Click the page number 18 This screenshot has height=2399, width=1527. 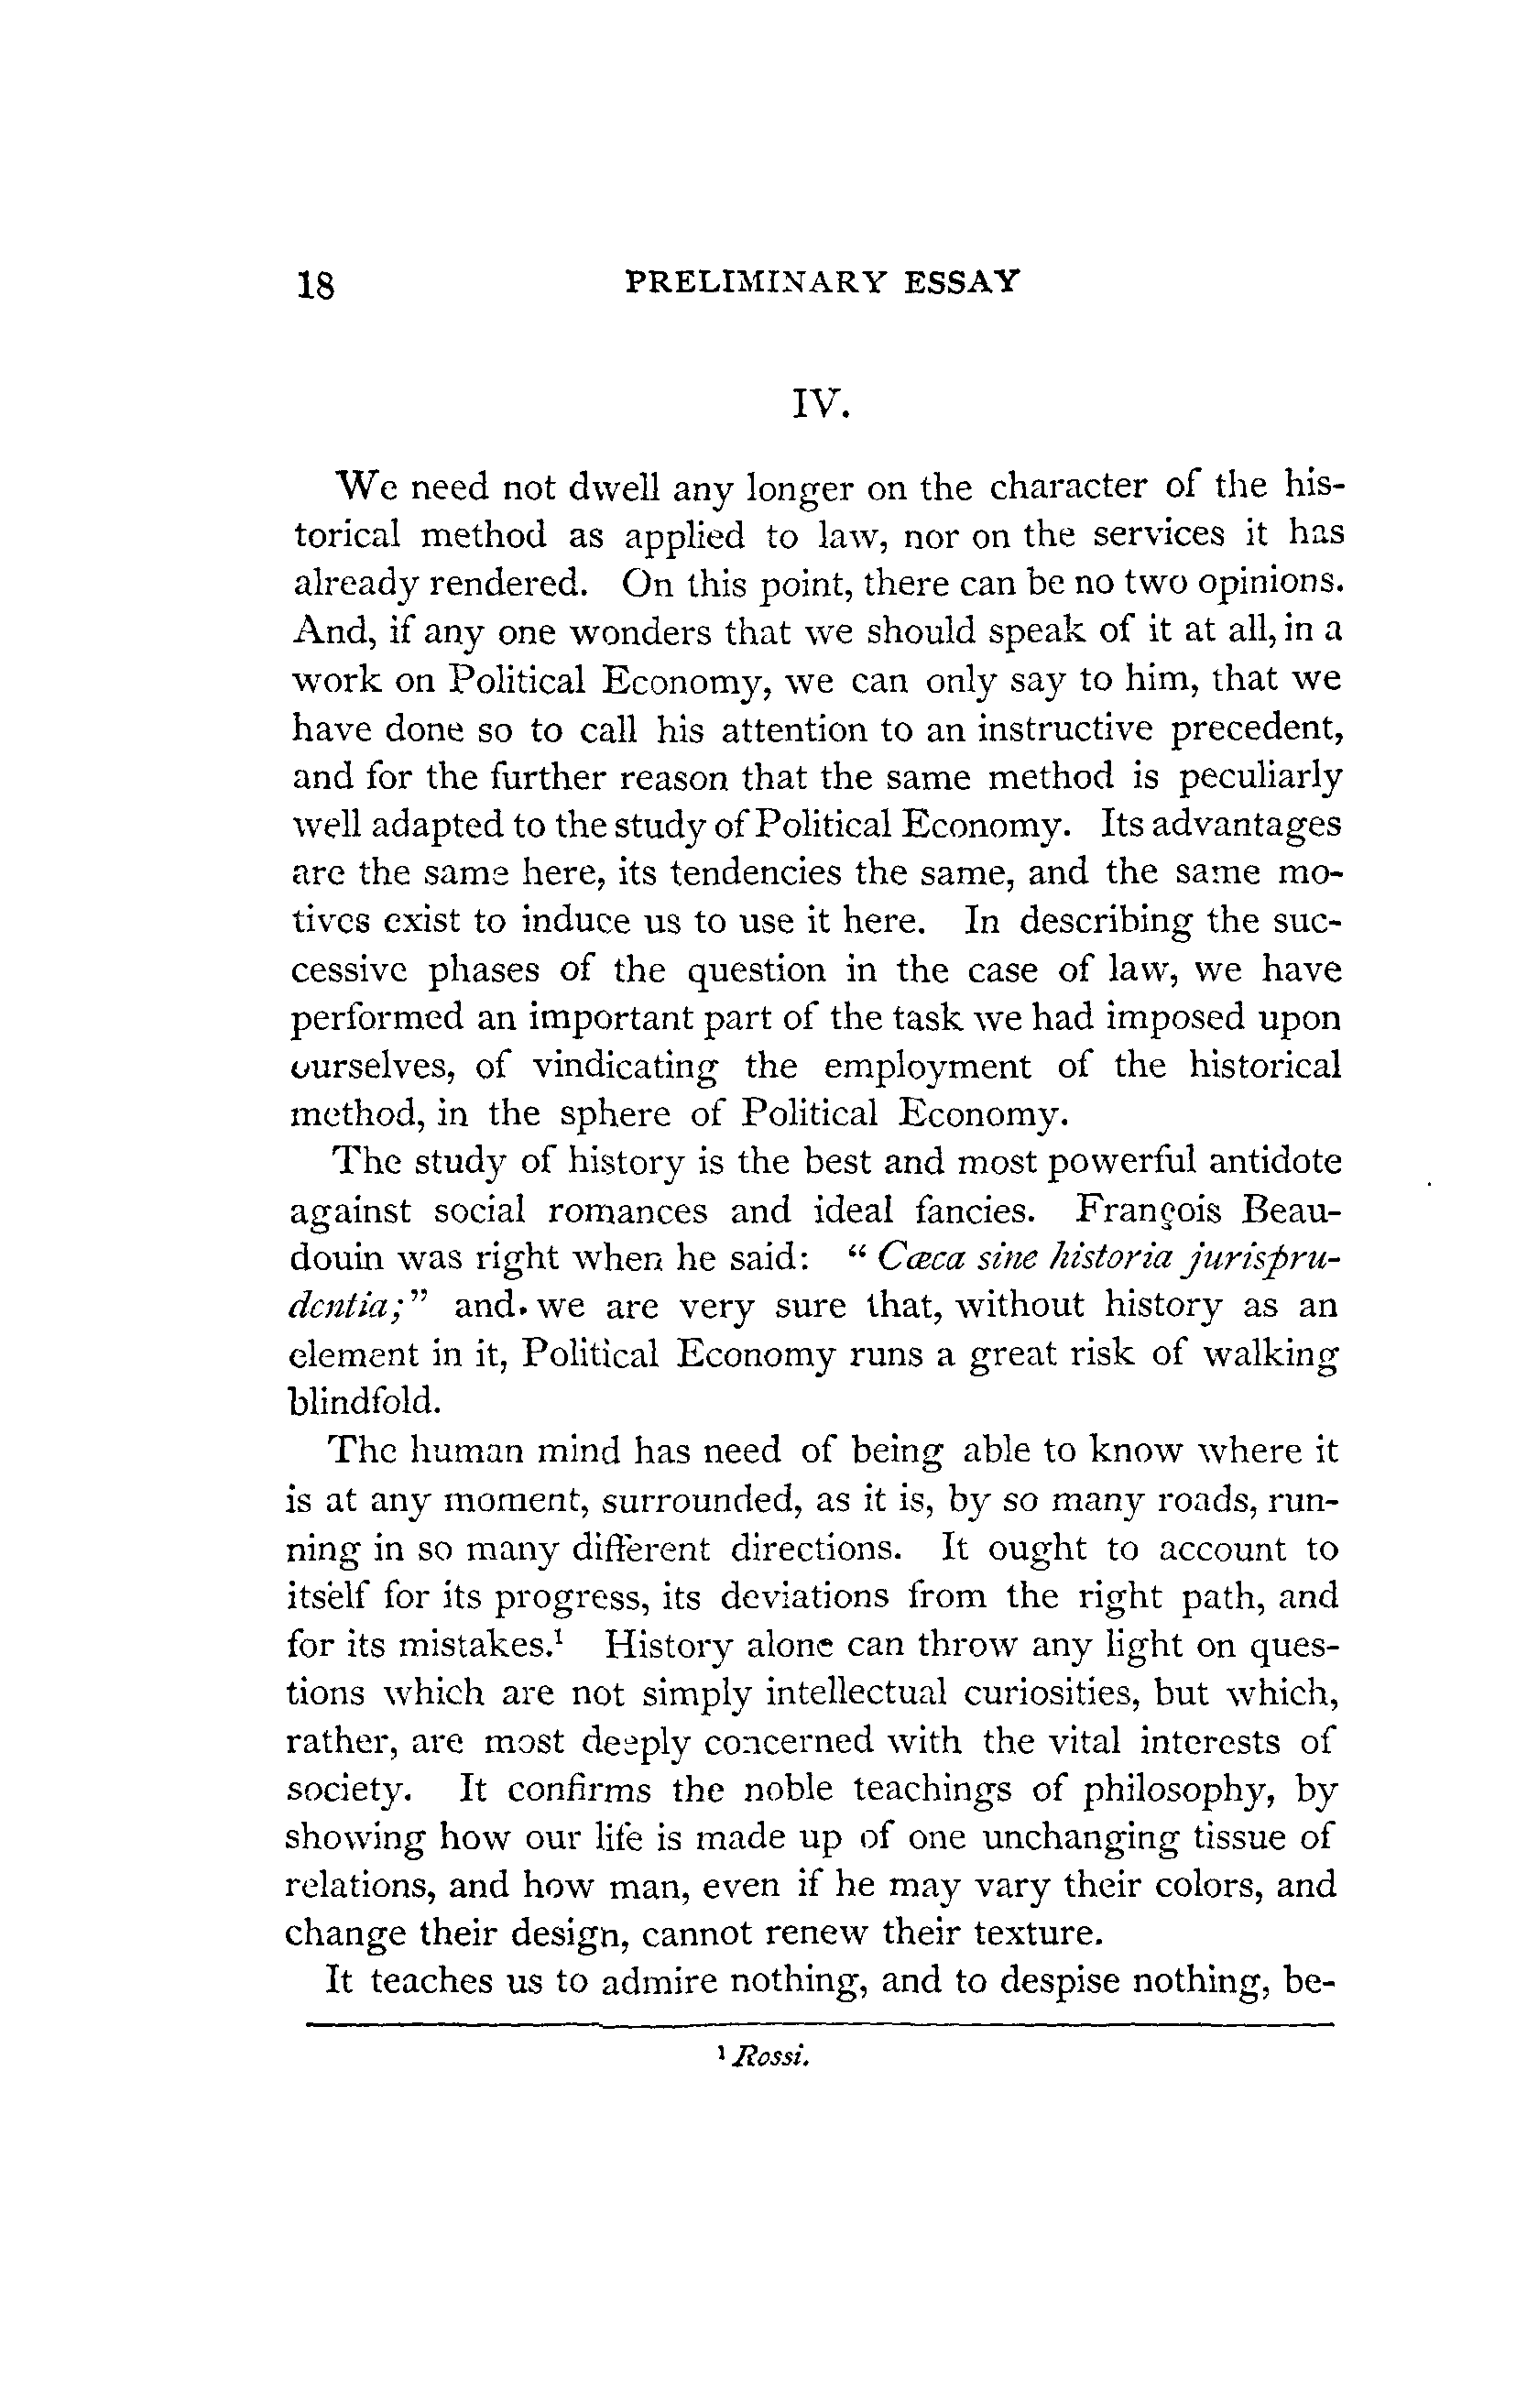[316, 286]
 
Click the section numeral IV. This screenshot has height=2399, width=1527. [820, 403]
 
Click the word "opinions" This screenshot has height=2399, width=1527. [1268, 585]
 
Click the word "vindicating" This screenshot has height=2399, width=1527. [625, 1067]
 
